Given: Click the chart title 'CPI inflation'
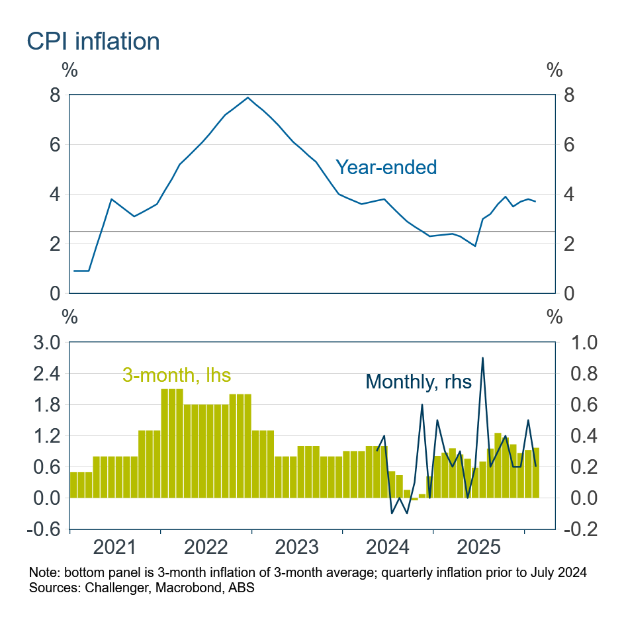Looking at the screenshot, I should pos(93,41).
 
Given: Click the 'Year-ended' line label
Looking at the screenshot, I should pos(386,167).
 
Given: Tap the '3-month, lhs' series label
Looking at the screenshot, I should pos(177,375).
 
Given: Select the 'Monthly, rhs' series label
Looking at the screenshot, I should pos(418,381).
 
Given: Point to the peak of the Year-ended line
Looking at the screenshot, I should pos(247,98).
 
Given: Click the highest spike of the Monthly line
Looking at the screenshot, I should pos(482,358).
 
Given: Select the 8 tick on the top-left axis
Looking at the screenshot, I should pos(55,95).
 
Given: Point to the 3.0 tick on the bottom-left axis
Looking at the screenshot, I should pos(46,343).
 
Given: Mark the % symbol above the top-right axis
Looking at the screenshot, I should pos(555,69).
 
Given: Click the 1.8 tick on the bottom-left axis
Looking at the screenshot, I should pos(46,405).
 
